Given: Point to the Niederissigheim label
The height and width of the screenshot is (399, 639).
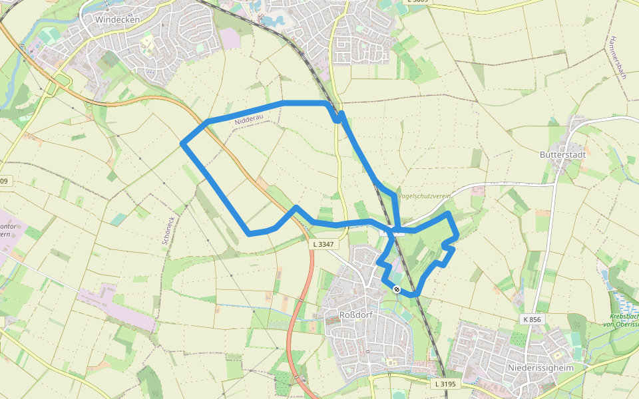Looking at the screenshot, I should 540,367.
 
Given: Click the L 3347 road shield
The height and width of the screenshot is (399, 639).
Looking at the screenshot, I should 322,245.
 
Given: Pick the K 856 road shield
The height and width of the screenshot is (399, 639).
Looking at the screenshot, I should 532,320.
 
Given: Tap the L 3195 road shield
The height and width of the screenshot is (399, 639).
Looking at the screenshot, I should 445,384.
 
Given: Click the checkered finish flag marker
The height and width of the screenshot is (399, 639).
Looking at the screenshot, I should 396,289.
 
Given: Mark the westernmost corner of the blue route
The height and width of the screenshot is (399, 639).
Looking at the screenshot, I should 182,143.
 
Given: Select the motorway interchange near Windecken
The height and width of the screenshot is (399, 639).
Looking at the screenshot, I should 57,83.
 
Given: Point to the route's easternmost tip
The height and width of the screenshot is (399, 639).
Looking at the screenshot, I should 457,236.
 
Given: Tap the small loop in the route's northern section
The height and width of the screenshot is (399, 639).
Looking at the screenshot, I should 339,117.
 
